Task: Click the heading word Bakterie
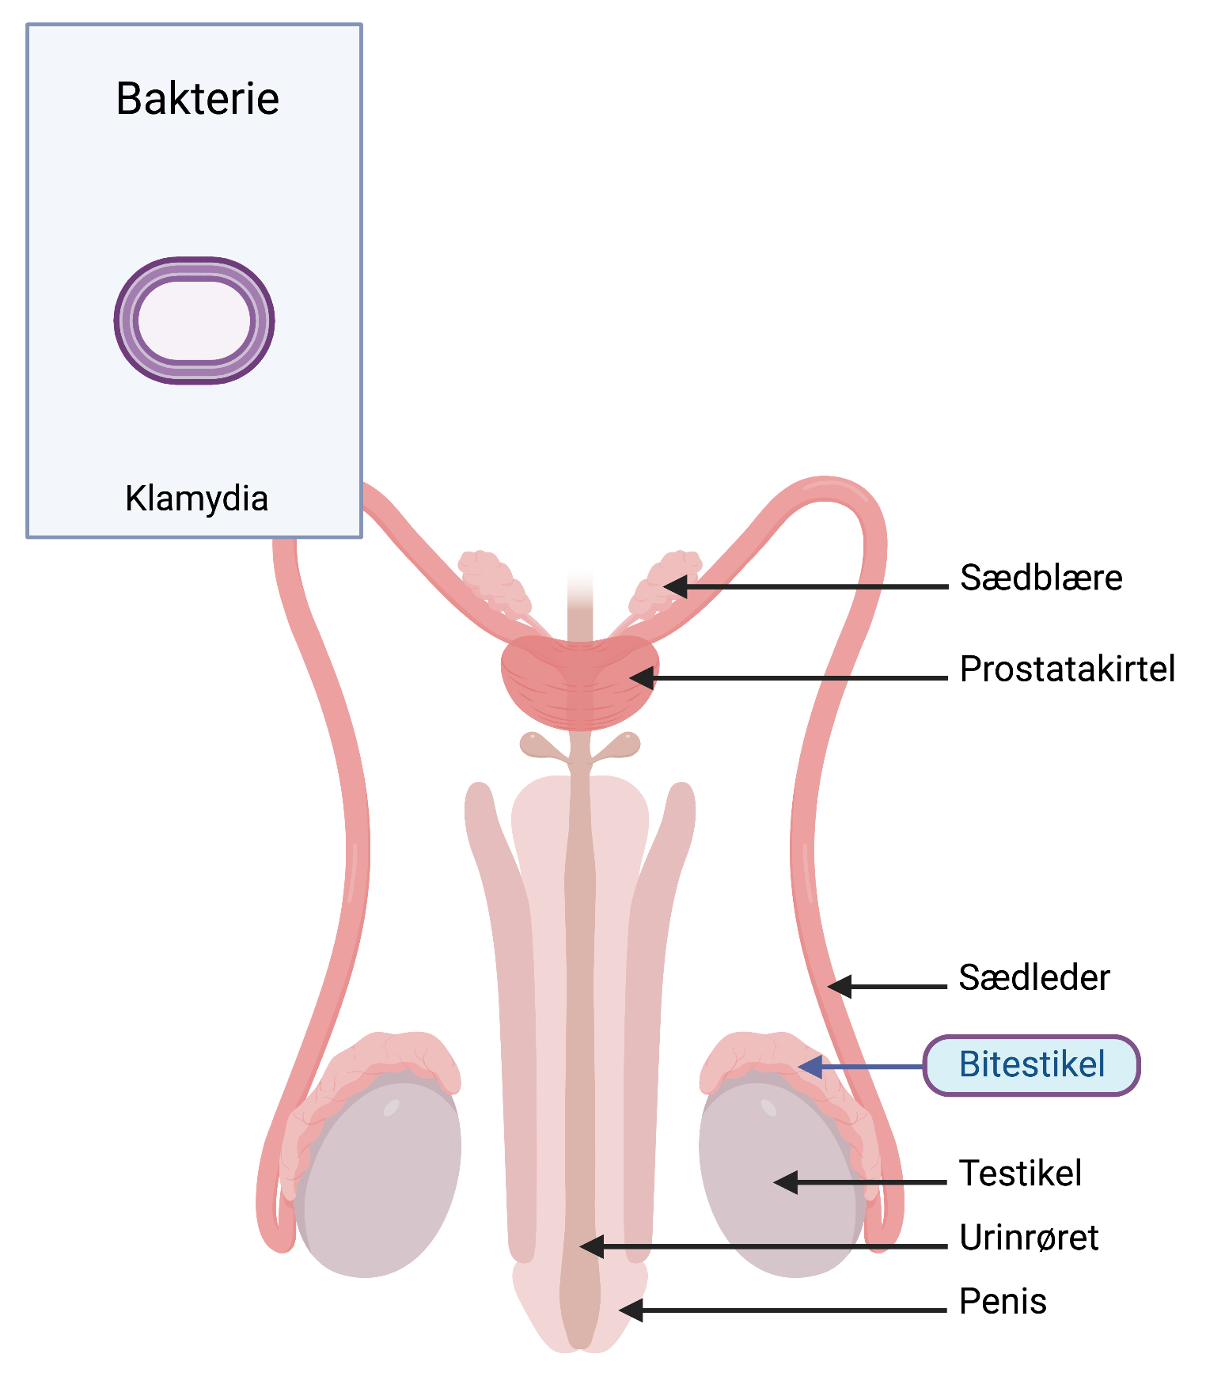click(x=197, y=99)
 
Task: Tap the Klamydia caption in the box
click(x=196, y=499)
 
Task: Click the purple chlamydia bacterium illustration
click(x=195, y=320)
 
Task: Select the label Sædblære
click(x=1041, y=578)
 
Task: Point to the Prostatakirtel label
click(x=1067, y=669)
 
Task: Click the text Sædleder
click(x=1033, y=978)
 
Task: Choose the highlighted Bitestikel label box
click(x=1031, y=1065)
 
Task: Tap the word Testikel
click(x=1020, y=1173)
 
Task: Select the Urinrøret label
click(x=1028, y=1238)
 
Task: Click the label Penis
click(x=1003, y=1302)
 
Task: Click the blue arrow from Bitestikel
click(x=863, y=1067)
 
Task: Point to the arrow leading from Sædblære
click(x=807, y=587)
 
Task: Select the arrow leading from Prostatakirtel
click(x=791, y=678)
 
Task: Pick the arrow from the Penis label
click(x=783, y=1310)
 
